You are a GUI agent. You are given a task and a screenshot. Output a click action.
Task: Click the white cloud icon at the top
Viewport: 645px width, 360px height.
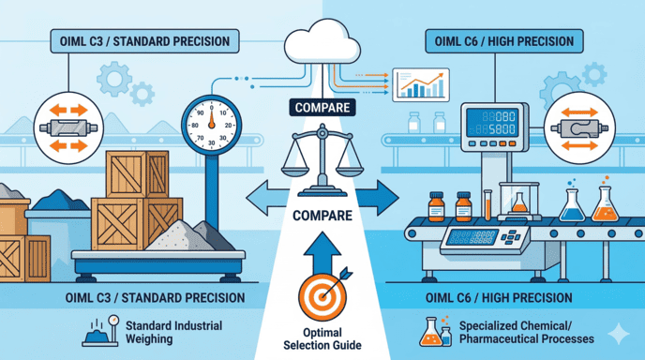322,47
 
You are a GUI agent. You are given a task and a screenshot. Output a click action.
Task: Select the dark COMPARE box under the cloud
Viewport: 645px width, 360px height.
322,108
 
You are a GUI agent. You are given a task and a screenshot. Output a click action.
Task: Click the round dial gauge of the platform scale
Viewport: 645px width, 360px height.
210,121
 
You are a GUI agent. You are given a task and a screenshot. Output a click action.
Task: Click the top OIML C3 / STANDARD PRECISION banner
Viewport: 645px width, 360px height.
141,41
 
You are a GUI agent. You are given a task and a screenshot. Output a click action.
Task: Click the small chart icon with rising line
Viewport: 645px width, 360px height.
419,83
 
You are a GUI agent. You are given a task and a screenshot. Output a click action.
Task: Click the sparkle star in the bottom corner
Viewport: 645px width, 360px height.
619,334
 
